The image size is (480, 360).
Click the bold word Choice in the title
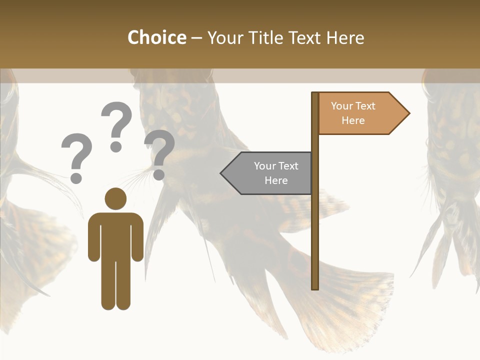click(156, 37)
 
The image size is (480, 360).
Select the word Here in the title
click(345, 37)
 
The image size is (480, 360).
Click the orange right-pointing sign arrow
click(362, 113)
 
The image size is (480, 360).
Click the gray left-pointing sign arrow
click(267, 173)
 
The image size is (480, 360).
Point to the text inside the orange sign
click(353, 113)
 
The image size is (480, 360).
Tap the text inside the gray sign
click(276, 173)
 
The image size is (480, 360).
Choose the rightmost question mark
click(159, 152)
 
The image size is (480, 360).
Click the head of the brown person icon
click(115, 198)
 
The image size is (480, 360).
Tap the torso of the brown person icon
click(115, 235)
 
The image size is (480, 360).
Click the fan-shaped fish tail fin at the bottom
click(350, 300)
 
